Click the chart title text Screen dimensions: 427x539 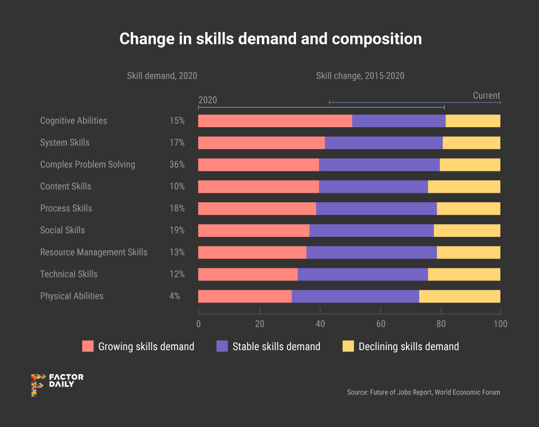tap(270, 39)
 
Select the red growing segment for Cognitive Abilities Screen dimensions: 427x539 tap(275, 121)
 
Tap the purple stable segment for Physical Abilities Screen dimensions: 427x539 tap(355, 296)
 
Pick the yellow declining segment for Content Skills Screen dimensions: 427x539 tap(464, 187)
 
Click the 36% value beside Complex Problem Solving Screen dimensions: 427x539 tap(177, 165)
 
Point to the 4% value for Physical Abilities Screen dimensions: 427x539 tap(174, 296)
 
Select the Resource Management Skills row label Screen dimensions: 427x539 tap(94, 252)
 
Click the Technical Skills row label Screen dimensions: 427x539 tap(69, 274)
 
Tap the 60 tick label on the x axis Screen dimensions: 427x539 tap(380, 324)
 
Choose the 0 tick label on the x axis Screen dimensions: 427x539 tap(199, 324)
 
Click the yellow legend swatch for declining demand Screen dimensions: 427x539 tap(348, 346)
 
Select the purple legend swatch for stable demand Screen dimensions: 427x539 tap(222, 346)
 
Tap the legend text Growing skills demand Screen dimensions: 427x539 tap(146, 347)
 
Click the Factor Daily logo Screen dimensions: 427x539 tap(57, 385)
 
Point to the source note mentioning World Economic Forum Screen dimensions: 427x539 tap(423, 392)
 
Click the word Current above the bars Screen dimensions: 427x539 tap(486, 96)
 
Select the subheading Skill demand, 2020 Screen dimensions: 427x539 tap(162, 76)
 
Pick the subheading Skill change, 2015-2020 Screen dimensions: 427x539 tap(360, 76)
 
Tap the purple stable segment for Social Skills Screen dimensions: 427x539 tap(371, 231)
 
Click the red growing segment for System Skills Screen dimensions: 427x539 tap(261, 143)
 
